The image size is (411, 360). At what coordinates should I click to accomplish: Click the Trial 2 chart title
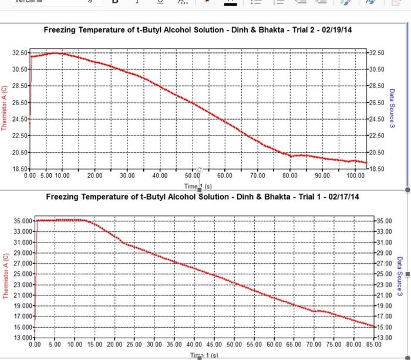(202, 30)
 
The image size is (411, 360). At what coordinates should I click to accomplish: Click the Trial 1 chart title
(202, 196)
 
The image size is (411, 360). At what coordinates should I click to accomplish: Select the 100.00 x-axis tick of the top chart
(355, 176)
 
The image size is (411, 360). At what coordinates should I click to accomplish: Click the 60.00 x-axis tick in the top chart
(224, 176)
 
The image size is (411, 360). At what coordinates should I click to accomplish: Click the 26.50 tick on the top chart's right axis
(377, 103)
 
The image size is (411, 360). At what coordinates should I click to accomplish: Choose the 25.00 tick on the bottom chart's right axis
(385, 274)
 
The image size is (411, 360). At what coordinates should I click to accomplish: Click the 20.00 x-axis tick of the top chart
(95, 176)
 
